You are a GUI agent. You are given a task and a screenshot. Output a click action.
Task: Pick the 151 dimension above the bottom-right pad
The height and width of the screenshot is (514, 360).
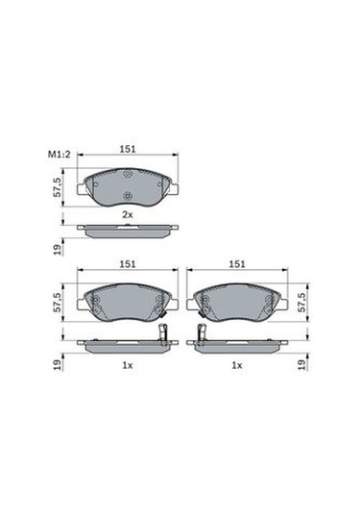pyautogui.click(x=236, y=263)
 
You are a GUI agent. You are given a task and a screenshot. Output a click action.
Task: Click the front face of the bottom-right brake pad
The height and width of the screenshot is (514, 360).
pyautogui.click(x=236, y=305)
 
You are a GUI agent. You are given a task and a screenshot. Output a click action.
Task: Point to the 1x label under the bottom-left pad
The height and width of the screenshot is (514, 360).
pyautogui.click(x=125, y=366)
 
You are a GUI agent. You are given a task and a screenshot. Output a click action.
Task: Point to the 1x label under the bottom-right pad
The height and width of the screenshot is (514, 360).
pyautogui.click(x=236, y=366)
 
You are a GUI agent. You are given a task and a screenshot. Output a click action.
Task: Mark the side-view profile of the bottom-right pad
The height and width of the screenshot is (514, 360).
pyautogui.click(x=240, y=345)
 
